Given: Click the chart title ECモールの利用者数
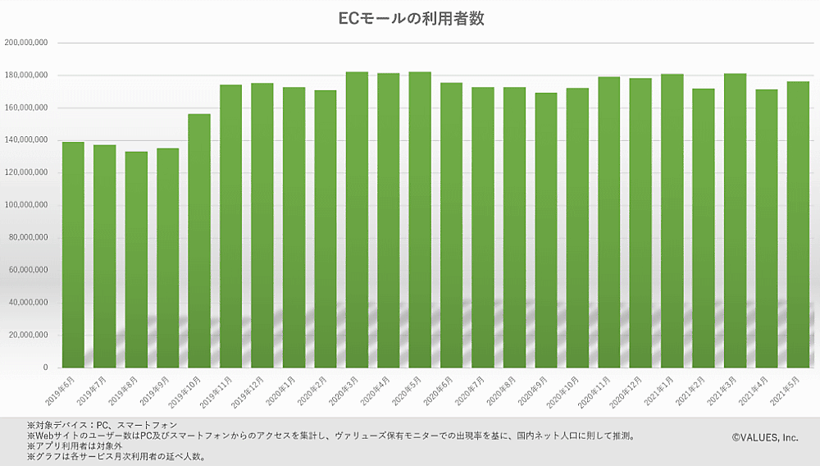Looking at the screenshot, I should [411, 18].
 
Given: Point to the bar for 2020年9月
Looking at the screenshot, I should [546, 230].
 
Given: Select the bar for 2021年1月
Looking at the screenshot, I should [672, 221].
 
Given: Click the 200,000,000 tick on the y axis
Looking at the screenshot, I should [26, 43].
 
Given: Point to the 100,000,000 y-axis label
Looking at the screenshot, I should [26, 205].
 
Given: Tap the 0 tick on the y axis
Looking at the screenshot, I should [46, 368].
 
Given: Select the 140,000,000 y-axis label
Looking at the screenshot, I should [26, 140].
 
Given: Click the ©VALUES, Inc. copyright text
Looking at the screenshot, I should [764, 438].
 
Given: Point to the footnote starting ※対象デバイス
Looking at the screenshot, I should [102, 425].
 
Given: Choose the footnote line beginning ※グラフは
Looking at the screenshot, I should [116, 457].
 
